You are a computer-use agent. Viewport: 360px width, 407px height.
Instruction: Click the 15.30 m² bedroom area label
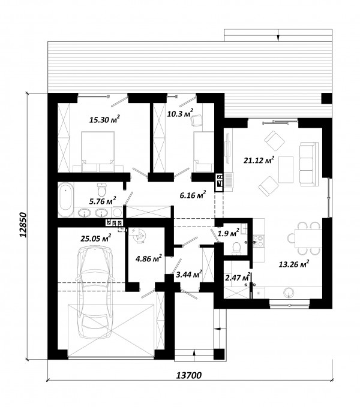click(104, 119)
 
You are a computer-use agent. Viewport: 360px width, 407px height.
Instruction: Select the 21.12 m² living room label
click(259, 160)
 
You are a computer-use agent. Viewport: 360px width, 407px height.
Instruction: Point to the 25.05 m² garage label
click(96, 238)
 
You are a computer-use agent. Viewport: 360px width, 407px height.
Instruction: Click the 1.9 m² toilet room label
click(228, 233)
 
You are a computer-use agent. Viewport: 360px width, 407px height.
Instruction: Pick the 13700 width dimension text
click(189, 375)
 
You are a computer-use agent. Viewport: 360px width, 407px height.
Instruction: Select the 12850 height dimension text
click(23, 225)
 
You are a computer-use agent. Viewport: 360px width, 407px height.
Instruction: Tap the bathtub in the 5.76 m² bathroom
click(65, 200)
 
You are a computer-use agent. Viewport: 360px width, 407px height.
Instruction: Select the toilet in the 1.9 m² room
click(236, 248)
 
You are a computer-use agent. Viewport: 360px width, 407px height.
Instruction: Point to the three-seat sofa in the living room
click(309, 164)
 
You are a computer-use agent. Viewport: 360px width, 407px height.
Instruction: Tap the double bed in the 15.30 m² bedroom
click(98, 152)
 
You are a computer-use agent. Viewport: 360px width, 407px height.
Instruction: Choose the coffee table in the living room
click(286, 170)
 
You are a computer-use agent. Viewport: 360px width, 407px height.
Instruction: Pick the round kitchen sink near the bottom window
click(289, 293)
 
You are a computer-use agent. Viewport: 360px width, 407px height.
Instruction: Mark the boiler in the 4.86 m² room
click(139, 236)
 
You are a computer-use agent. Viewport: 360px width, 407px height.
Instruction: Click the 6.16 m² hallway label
click(193, 195)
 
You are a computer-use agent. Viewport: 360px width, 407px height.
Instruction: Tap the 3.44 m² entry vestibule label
click(189, 274)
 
